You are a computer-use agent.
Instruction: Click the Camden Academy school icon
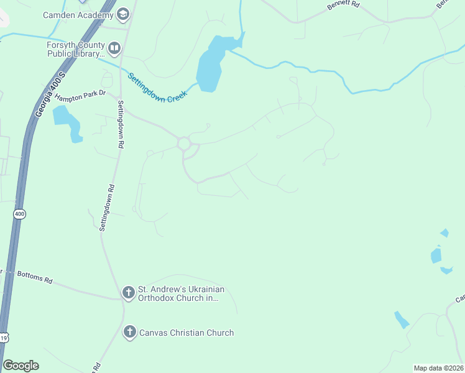tap(123, 14)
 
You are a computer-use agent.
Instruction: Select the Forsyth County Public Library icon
tap(114, 48)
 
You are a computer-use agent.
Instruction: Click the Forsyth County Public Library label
tap(75, 49)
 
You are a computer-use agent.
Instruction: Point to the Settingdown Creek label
tap(157, 88)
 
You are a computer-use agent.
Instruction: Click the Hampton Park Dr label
tap(80, 97)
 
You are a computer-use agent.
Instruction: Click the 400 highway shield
tap(19, 213)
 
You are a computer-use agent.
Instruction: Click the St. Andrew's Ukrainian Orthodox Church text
tap(180, 293)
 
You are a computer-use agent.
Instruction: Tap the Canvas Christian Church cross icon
tap(129, 333)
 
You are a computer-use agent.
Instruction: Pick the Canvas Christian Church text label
tap(186, 333)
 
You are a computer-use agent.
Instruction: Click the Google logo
tap(21, 366)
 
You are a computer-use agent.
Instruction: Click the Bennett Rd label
tap(343, 8)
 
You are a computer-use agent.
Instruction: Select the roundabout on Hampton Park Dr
tap(184, 144)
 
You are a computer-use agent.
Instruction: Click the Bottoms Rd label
tap(34, 277)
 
